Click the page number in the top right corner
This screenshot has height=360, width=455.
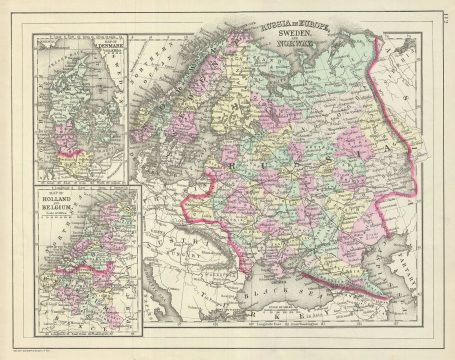click(x=444, y=15)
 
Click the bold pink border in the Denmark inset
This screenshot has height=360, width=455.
click(x=68, y=153)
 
